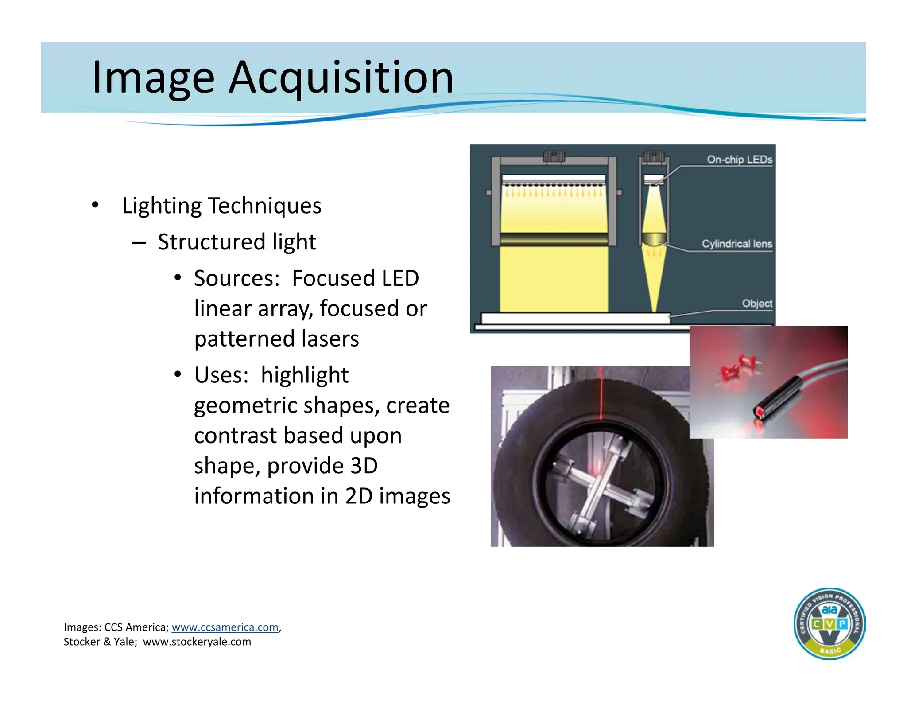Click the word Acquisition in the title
(341, 78)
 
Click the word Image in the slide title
(153, 78)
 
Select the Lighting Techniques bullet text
(221, 206)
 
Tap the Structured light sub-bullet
(236, 242)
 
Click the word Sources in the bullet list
(236, 278)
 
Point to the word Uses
(221, 375)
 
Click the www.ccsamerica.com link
(225, 627)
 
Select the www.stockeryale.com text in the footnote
(197, 642)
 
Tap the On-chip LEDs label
(739, 160)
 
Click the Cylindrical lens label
(736, 244)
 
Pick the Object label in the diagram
(757, 304)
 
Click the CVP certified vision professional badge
(829, 623)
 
